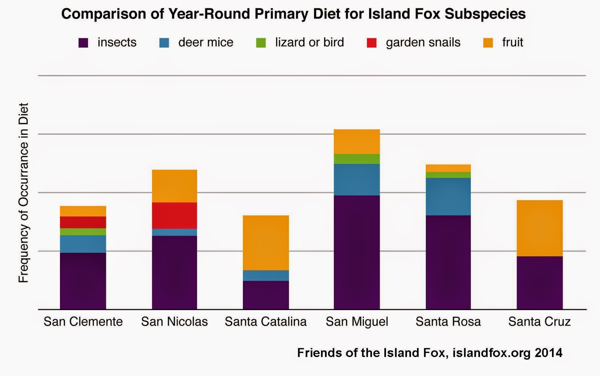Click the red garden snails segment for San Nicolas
(174, 215)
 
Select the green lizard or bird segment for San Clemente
(83, 231)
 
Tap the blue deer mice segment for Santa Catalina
(266, 275)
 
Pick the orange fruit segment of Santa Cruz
(540, 228)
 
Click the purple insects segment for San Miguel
(357, 252)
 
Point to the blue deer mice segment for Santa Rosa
(448, 196)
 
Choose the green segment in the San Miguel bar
(357, 159)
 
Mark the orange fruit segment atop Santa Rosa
(448, 168)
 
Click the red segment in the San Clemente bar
(83, 222)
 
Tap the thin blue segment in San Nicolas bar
(174, 232)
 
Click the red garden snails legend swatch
(372, 43)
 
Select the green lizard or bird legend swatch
(261, 43)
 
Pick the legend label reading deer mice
(205, 42)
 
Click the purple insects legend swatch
(83, 43)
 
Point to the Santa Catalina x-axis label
(265, 321)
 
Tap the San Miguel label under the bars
(357, 321)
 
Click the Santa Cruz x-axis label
(539, 321)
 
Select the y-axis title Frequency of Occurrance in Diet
(23, 192)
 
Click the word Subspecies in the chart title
(485, 14)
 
